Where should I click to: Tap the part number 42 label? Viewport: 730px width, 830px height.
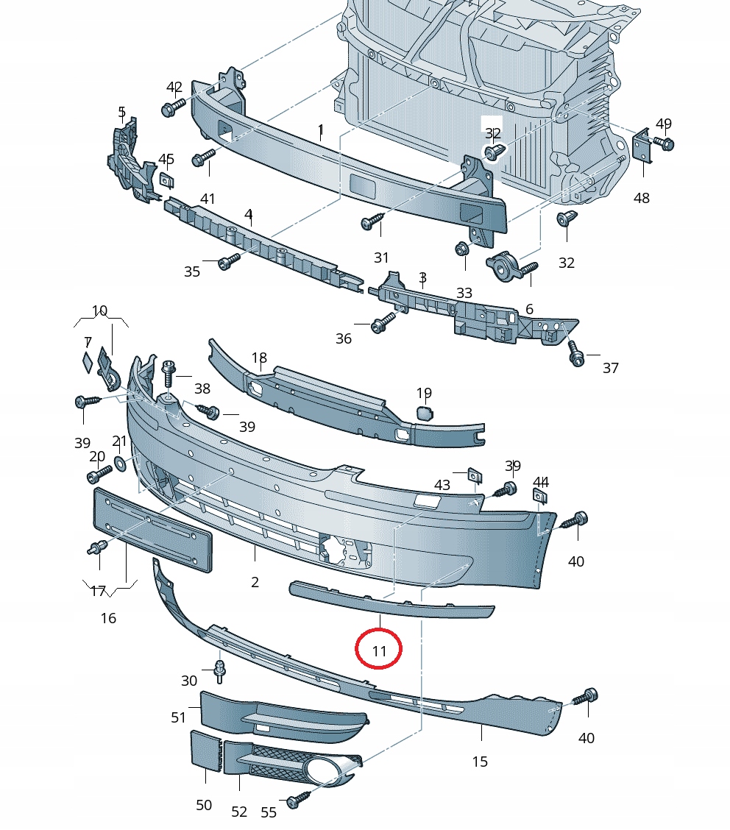(x=174, y=88)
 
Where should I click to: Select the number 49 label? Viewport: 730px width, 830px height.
(x=664, y=124)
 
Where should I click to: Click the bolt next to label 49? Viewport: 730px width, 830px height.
(x=665, y=144)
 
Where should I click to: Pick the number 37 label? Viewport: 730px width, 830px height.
(x=611, y=368)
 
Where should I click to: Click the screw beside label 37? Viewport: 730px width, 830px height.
(x=575, y=355)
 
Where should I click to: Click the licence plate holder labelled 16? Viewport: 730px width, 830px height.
(x=152, y=529)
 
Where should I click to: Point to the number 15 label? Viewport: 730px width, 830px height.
(x=480, y=762)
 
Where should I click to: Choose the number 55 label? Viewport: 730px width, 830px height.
(x=269, y=812)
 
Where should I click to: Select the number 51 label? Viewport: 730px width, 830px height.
(x=179, y=717)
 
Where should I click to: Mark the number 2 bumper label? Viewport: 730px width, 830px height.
(x=255, y=582)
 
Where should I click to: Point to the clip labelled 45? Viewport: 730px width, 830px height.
(x=166, y=180)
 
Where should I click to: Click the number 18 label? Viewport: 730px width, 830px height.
(x=259, y=358)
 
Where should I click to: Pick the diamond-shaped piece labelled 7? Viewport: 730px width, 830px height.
(x=87, y=362)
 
